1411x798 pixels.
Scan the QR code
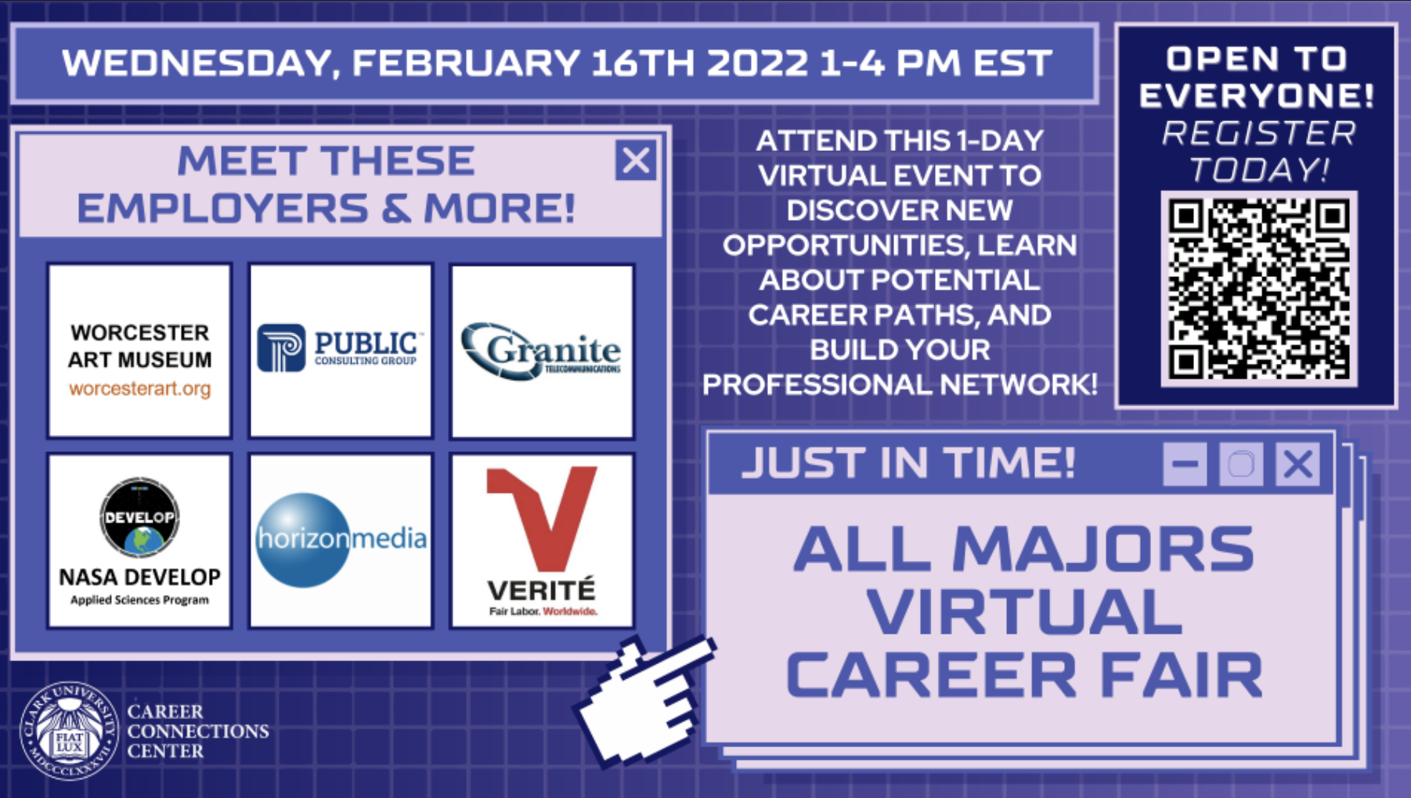pos(1258,289)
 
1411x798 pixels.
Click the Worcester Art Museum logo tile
pos(139,350)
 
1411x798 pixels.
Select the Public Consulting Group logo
pos(341,349)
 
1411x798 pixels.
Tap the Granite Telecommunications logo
pos(542,350)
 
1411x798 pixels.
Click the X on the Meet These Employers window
pos(635,160)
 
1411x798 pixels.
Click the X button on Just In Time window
pos(1297,464)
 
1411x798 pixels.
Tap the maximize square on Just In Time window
pos(1241,464)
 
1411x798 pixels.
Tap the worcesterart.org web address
pos(139,389)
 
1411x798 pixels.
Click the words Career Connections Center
pos(197,731)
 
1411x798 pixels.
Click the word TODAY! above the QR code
pos(1258,170)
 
